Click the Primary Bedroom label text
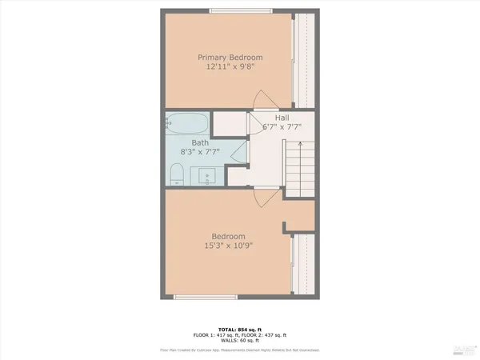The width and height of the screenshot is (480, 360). click(x=230, y=58)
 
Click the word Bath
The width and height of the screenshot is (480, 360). click(x=199, y=142)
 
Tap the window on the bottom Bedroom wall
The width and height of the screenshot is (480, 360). click(x=206, y=298)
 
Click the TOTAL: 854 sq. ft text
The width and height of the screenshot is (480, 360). click(x=240, y=329)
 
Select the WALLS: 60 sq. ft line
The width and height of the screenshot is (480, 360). click(x=240, y=342)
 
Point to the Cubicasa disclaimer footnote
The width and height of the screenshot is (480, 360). click(x=240, y=350)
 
